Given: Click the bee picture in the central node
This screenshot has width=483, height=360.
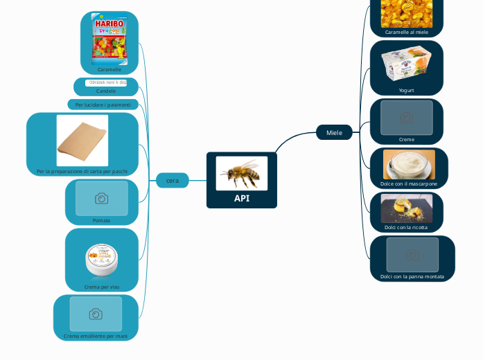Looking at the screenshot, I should [241, 172].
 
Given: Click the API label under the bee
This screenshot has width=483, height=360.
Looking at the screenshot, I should [241, 198].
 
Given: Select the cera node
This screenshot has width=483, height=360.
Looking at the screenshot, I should [173, 180].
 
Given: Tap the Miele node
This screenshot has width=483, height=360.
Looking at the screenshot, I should [334, 132].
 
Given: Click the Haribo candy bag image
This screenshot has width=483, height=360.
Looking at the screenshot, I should [109, 39].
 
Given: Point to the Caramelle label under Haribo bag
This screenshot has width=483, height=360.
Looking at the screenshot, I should [109, 69].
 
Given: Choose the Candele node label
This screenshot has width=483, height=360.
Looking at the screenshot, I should [106, 91].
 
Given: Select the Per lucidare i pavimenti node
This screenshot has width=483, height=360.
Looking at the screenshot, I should [103, 105].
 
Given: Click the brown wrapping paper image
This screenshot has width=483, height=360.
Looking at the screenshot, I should [82, 141].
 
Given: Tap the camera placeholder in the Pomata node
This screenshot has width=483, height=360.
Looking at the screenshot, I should [101, 199].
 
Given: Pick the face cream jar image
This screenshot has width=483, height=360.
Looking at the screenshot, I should [102, 259].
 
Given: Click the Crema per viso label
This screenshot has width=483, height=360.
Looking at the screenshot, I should [102, 286].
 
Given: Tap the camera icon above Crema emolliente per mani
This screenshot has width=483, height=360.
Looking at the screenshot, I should [96, 314].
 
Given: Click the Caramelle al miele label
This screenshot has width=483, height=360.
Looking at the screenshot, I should [407, 32].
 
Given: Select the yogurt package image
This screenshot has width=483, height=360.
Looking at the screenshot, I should [407, 64].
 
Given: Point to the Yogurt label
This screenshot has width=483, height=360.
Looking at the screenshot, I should [407, 90].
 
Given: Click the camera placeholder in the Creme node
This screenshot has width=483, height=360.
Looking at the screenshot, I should [407, 118].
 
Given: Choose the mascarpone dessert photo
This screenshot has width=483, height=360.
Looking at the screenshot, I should [409, 165].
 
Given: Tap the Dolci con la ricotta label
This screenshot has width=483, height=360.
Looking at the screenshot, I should [406, 227].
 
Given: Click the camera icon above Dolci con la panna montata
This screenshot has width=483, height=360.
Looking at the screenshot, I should [412, 255].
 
